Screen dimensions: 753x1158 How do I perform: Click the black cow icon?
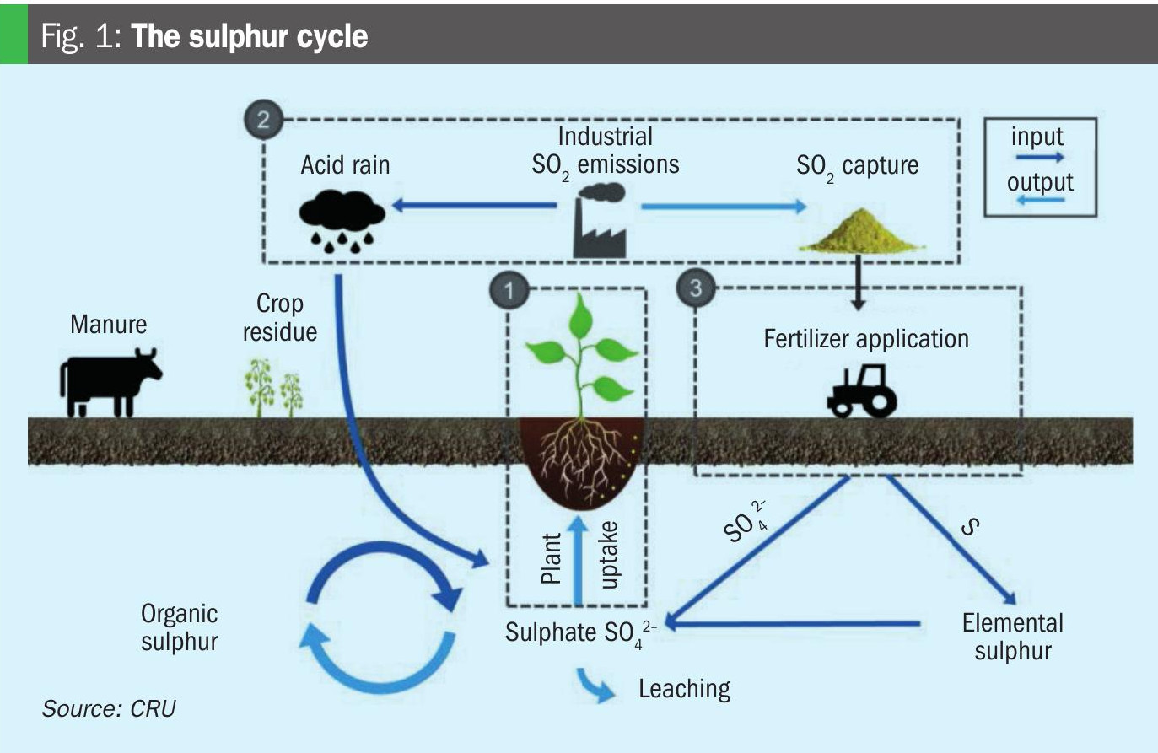pos(110,381)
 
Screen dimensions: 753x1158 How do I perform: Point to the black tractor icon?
pos(862,391)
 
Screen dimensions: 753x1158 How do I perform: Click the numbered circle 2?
pos(262,119)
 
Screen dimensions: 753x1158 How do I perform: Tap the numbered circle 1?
pos(508,291)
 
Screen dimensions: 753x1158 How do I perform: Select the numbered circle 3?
pos(695,288)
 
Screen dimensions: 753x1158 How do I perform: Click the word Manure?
pos(108,325)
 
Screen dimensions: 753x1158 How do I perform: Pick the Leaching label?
pos(684,689)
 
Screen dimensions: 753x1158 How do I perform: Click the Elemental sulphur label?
pos(1012,637)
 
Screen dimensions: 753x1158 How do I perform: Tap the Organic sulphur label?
pos(179,627)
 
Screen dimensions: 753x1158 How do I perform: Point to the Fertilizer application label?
pos(866,339)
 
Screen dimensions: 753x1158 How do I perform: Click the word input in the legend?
pos(1037,137)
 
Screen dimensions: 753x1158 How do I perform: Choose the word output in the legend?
pos(1040,182)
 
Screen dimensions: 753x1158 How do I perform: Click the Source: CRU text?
pos(109,708)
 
